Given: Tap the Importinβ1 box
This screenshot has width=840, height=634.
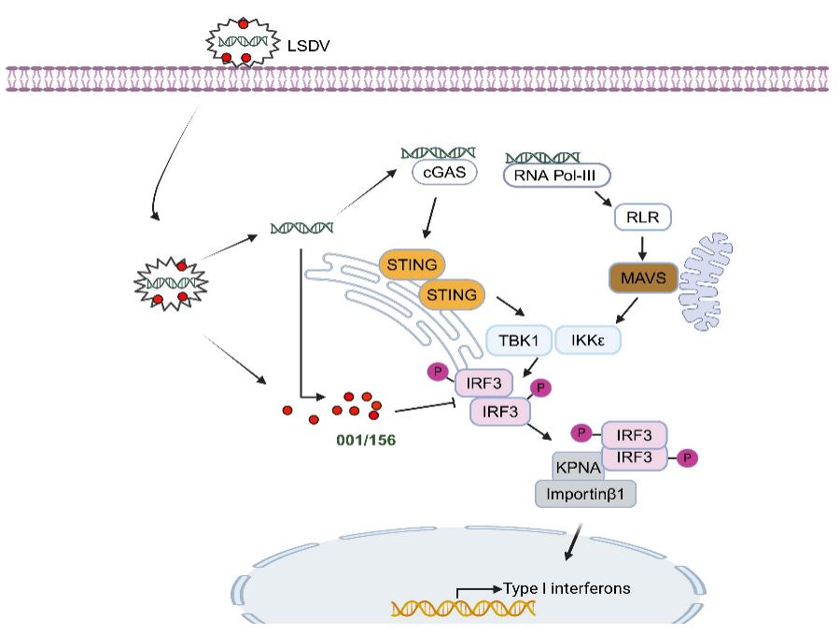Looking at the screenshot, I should tap(585, 493).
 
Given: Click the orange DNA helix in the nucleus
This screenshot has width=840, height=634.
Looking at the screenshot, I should tap(463, 610).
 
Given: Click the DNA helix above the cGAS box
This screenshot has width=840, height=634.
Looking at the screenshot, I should tap(438, 151).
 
